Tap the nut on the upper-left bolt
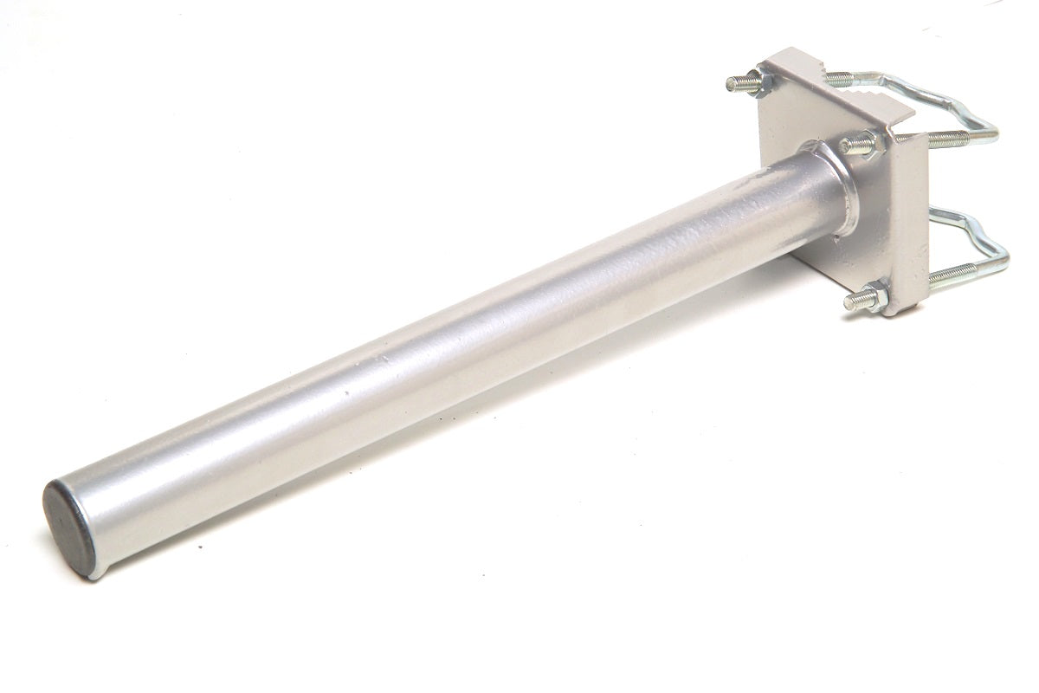coord(765,83)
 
